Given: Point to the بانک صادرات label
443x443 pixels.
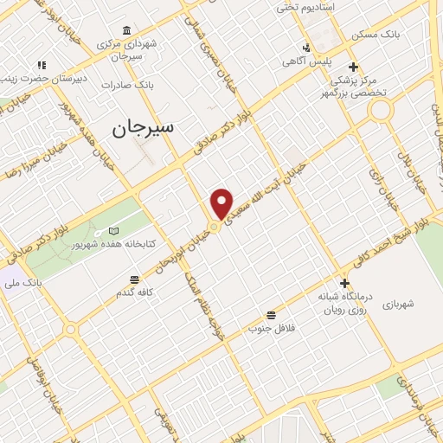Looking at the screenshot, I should [126, 85].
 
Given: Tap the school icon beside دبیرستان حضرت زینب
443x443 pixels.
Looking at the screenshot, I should [41, 65].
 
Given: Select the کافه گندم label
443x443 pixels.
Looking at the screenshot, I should [135, 293].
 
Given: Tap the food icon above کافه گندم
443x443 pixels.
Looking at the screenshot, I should [134, 279].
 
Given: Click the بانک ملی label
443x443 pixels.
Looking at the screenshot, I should [22, 283].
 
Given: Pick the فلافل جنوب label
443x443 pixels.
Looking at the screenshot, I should [272, 328].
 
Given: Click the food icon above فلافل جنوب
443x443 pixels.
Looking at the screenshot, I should [272, 314].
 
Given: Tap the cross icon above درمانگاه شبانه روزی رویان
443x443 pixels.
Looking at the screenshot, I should [344, 283].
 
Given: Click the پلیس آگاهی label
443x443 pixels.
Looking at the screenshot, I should [304, 62].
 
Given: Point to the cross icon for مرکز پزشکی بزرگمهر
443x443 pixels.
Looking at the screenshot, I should [352, 67].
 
